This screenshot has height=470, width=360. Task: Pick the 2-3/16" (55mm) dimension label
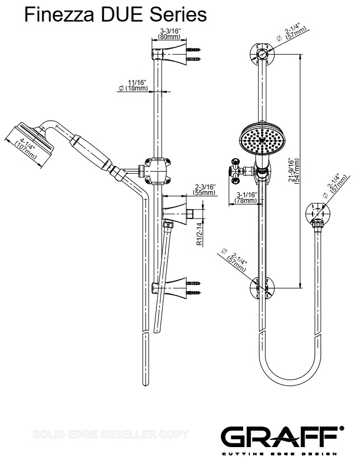(x=204, y=189)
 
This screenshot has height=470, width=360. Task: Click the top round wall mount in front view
(x=262, y=55)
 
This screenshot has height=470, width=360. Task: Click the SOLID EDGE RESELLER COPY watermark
(x=112, y=434)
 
